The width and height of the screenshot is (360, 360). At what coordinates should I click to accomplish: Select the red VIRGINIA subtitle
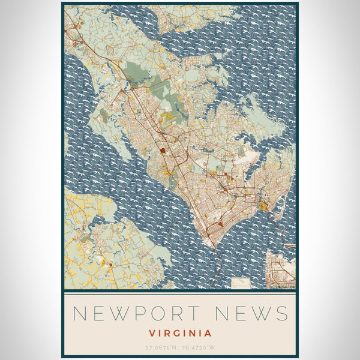[180, 332]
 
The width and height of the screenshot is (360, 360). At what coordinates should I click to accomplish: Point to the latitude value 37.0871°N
[161, 347]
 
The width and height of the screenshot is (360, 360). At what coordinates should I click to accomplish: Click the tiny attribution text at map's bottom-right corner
[284, 286]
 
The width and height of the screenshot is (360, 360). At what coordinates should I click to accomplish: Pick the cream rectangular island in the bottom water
[242, 281]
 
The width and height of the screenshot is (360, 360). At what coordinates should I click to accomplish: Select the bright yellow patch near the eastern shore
[264, 207]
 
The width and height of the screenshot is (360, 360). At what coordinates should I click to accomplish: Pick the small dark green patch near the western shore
[103, 112]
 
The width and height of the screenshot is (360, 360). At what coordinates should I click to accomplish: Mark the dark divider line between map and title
[180, 291]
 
